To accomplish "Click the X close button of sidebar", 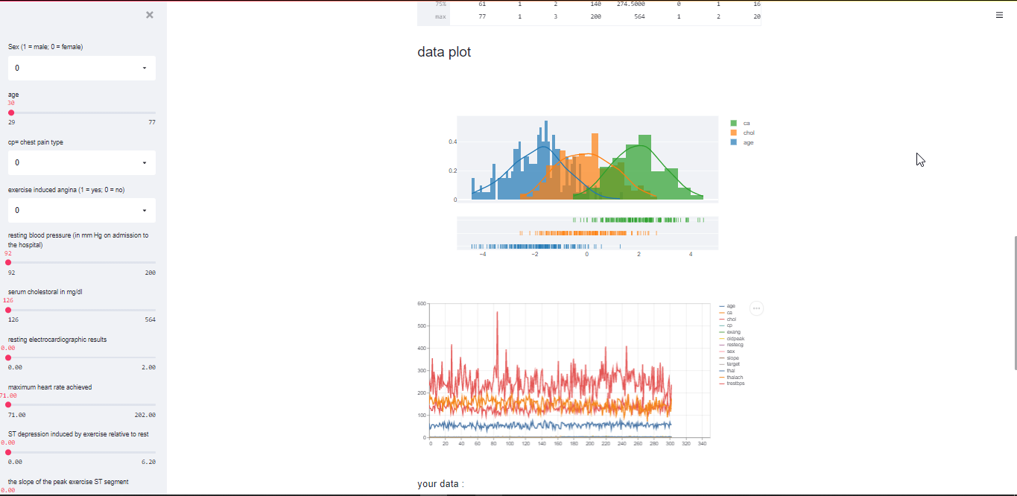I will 150,15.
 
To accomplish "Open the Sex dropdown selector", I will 82,68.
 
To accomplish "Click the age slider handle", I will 11,113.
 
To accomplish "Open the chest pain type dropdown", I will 82,162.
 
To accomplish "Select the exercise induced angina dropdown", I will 82,210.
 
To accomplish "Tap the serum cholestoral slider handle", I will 8,310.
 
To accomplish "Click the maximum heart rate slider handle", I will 8,405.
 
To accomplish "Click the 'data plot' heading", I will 444,52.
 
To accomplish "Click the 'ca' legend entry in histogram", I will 746,123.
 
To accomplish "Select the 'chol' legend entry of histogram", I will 748,133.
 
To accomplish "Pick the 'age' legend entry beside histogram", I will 748,142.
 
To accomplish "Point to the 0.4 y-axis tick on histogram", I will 452,142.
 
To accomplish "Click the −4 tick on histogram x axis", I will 483,255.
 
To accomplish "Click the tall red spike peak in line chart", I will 497,313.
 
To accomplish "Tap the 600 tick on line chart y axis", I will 422,304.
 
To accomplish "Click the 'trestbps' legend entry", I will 735,384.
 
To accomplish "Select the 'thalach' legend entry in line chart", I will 735,377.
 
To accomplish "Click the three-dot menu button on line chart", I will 756,308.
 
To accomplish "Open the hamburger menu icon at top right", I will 999,15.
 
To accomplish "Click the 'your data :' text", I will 440,484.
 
